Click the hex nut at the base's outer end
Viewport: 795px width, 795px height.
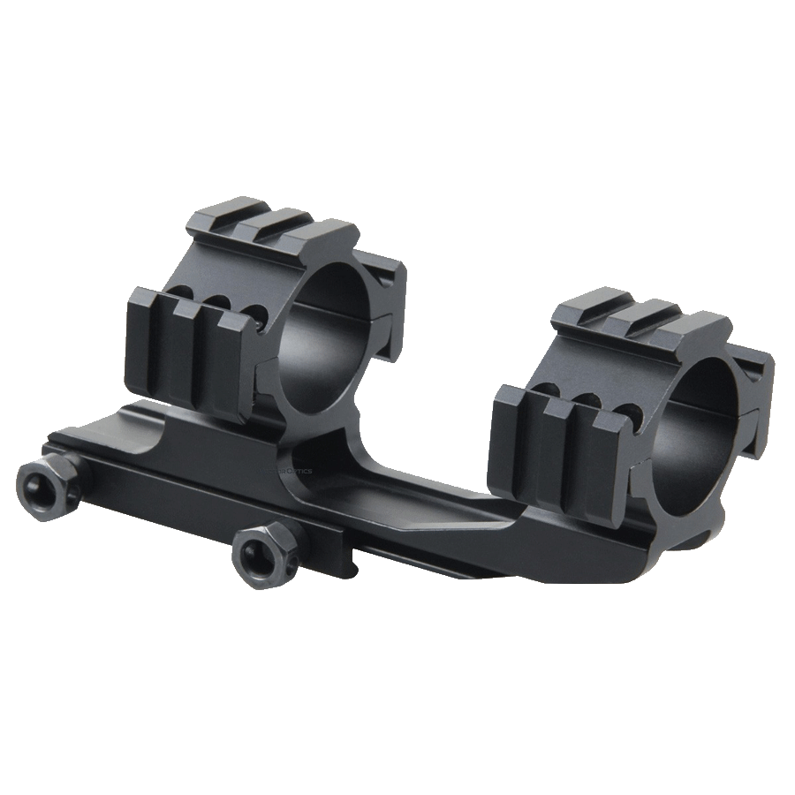point(42,485)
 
